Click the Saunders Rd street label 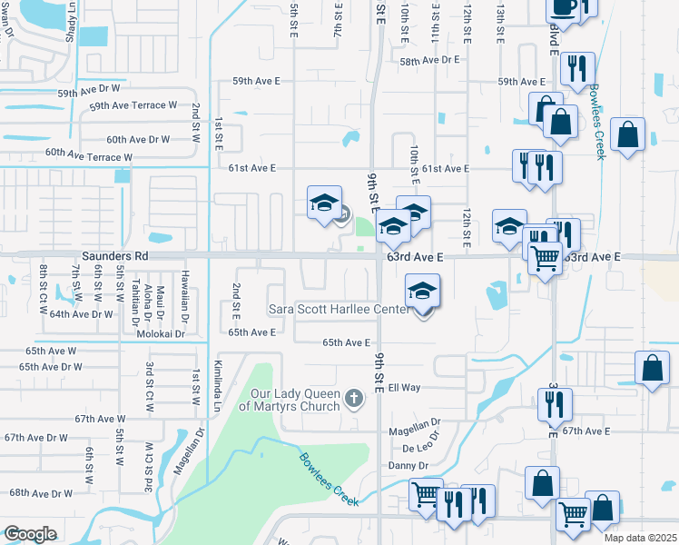[x=114, y=257]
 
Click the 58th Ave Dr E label [x=430, y=60]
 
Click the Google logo [x=30, y=534]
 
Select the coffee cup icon [x=563, y=5]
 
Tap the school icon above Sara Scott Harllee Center [x=422, y=292]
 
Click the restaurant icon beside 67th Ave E [x=555, y=401]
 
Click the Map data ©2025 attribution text [x=641, y=539]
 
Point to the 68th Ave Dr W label [x=40, y=493]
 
